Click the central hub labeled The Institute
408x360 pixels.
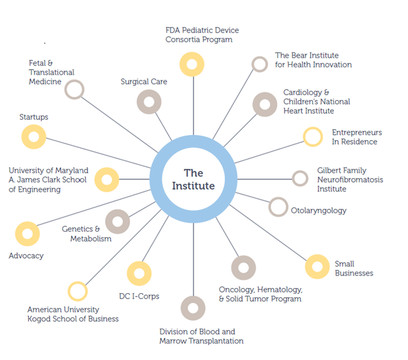click(193, 179)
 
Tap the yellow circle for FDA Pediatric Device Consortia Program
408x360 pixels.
click(192, 64)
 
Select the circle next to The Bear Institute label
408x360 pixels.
click(260, 64)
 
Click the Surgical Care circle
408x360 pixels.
click(149, 101)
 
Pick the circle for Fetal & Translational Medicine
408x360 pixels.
click(75, 89)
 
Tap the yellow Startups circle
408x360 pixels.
click(34, 137)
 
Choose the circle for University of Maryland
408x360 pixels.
click(107, 179)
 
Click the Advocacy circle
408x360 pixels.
click(27, 234)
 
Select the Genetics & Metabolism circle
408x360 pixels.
click(118, 221)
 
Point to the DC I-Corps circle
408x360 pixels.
click(139, 274)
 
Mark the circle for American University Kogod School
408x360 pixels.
click(77, 291)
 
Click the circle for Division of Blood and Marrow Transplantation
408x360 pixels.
click(193, 308)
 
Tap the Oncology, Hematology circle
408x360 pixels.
click(244, 268)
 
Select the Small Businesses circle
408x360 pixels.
click(317, 266)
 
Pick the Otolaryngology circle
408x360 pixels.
click(279, 207)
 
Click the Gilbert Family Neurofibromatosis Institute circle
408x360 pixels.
click(300, 178)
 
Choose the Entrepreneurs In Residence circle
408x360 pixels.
click(313, 137)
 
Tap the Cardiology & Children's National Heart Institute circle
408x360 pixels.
click(265, 104)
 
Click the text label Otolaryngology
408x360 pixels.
click(318, 211)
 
